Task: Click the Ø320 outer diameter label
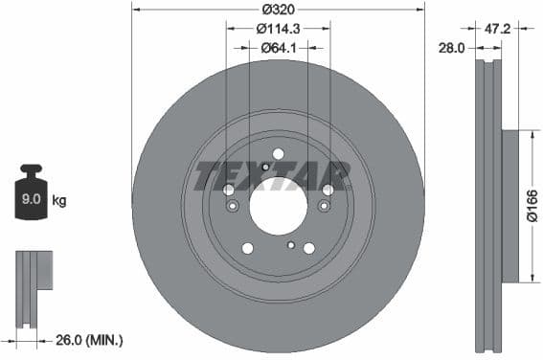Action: (278, 9)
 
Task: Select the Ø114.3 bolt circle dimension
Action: (278, 29)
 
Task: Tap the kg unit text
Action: (58, 201)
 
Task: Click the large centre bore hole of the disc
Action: (278, 204)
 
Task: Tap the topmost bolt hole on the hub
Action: (278, 153)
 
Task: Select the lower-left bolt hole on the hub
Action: (247, 248)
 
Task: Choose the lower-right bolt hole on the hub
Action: (308, 248)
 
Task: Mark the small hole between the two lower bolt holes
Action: (289, 245)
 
